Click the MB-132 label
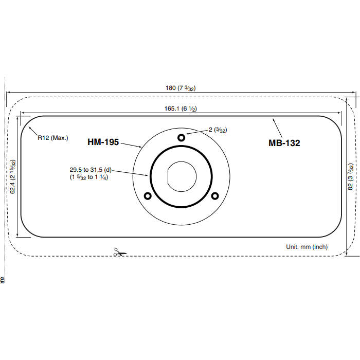(284, 143)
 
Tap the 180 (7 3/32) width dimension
(180, 88)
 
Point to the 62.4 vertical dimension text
(13, 176)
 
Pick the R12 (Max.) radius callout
(52, 137)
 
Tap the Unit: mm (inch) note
(307, 247)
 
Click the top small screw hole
(181, 137)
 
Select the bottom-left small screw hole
(148, 196)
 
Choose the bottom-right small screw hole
(215, 195)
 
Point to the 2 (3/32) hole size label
(218, 130)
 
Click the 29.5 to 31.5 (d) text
(91, 169)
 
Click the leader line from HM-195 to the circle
(132, 145)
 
